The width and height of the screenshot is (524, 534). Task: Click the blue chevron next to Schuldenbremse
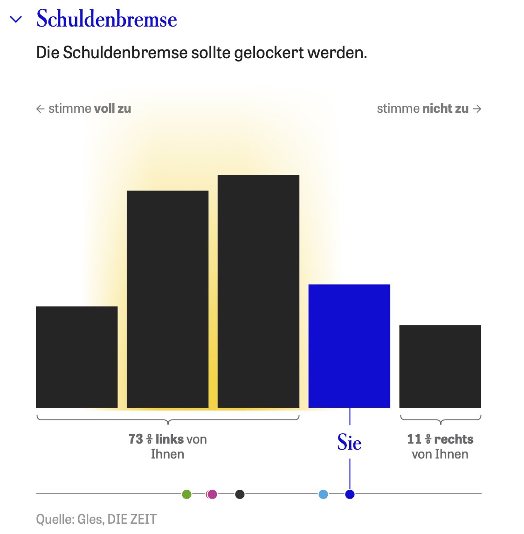16,20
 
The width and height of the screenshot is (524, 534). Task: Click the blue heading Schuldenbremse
107,19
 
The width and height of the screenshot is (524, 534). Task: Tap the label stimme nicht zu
422,109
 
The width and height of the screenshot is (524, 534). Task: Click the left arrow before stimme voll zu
41,109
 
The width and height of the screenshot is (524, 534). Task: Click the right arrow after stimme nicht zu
477,109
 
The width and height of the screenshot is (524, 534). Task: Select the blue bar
349,346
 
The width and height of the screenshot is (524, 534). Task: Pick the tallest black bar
258,291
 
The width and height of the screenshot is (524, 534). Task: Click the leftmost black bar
77,357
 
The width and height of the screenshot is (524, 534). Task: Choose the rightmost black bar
440,366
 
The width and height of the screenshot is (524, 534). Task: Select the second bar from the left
167,299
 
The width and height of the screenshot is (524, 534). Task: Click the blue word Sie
349,442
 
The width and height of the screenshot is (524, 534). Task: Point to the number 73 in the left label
136,439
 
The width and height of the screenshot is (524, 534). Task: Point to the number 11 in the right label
414,439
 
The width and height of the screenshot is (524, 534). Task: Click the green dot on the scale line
186,494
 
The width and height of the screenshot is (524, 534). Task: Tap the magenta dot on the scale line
212,494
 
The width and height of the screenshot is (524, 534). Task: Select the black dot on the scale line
240,494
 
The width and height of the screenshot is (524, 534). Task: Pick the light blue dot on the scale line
323,494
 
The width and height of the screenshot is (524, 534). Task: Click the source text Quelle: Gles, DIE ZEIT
96,519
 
